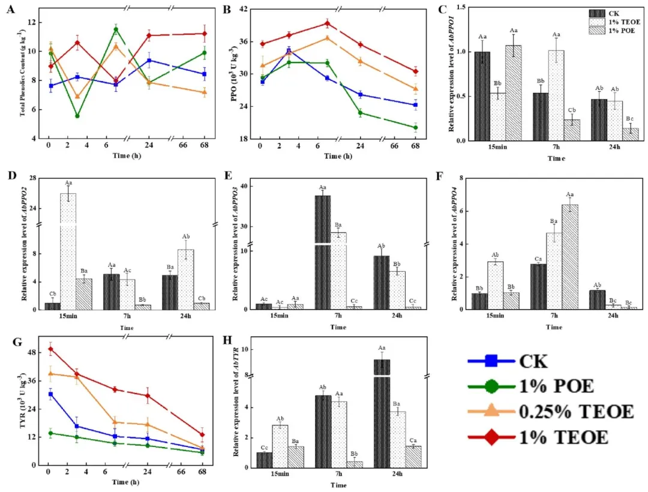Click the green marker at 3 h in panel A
(x=77, y=116)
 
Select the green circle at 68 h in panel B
(x=415, y=127)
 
